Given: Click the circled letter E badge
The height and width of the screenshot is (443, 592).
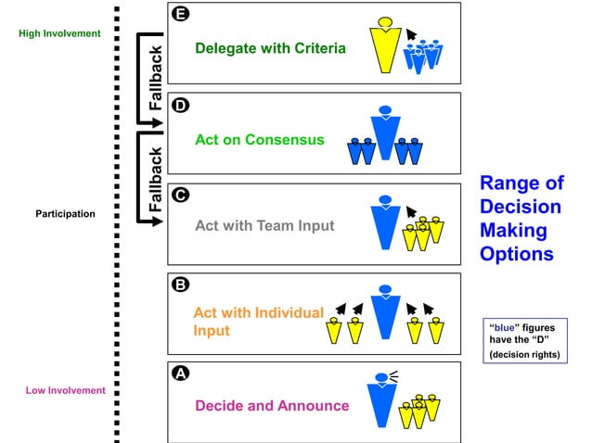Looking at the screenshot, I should (x=181, y=15).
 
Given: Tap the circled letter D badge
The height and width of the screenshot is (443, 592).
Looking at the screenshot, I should (x=181, y=105).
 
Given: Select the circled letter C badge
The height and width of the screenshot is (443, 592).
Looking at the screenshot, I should (x=181, y=196).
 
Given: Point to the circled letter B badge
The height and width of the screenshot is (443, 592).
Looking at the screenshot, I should (x=181, y=285).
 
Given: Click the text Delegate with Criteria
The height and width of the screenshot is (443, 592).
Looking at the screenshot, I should (x=270, y=47).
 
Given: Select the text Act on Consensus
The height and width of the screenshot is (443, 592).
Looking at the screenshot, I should (x=260, y=140).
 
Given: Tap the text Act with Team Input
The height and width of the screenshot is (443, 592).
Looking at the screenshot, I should (x=264, y=224).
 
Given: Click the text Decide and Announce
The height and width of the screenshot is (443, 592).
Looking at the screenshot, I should (x=272, y=405).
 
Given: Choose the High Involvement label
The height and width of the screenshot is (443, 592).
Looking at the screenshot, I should (x=58, y=33).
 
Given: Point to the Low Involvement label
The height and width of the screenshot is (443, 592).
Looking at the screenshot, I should (x=65, y=390).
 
